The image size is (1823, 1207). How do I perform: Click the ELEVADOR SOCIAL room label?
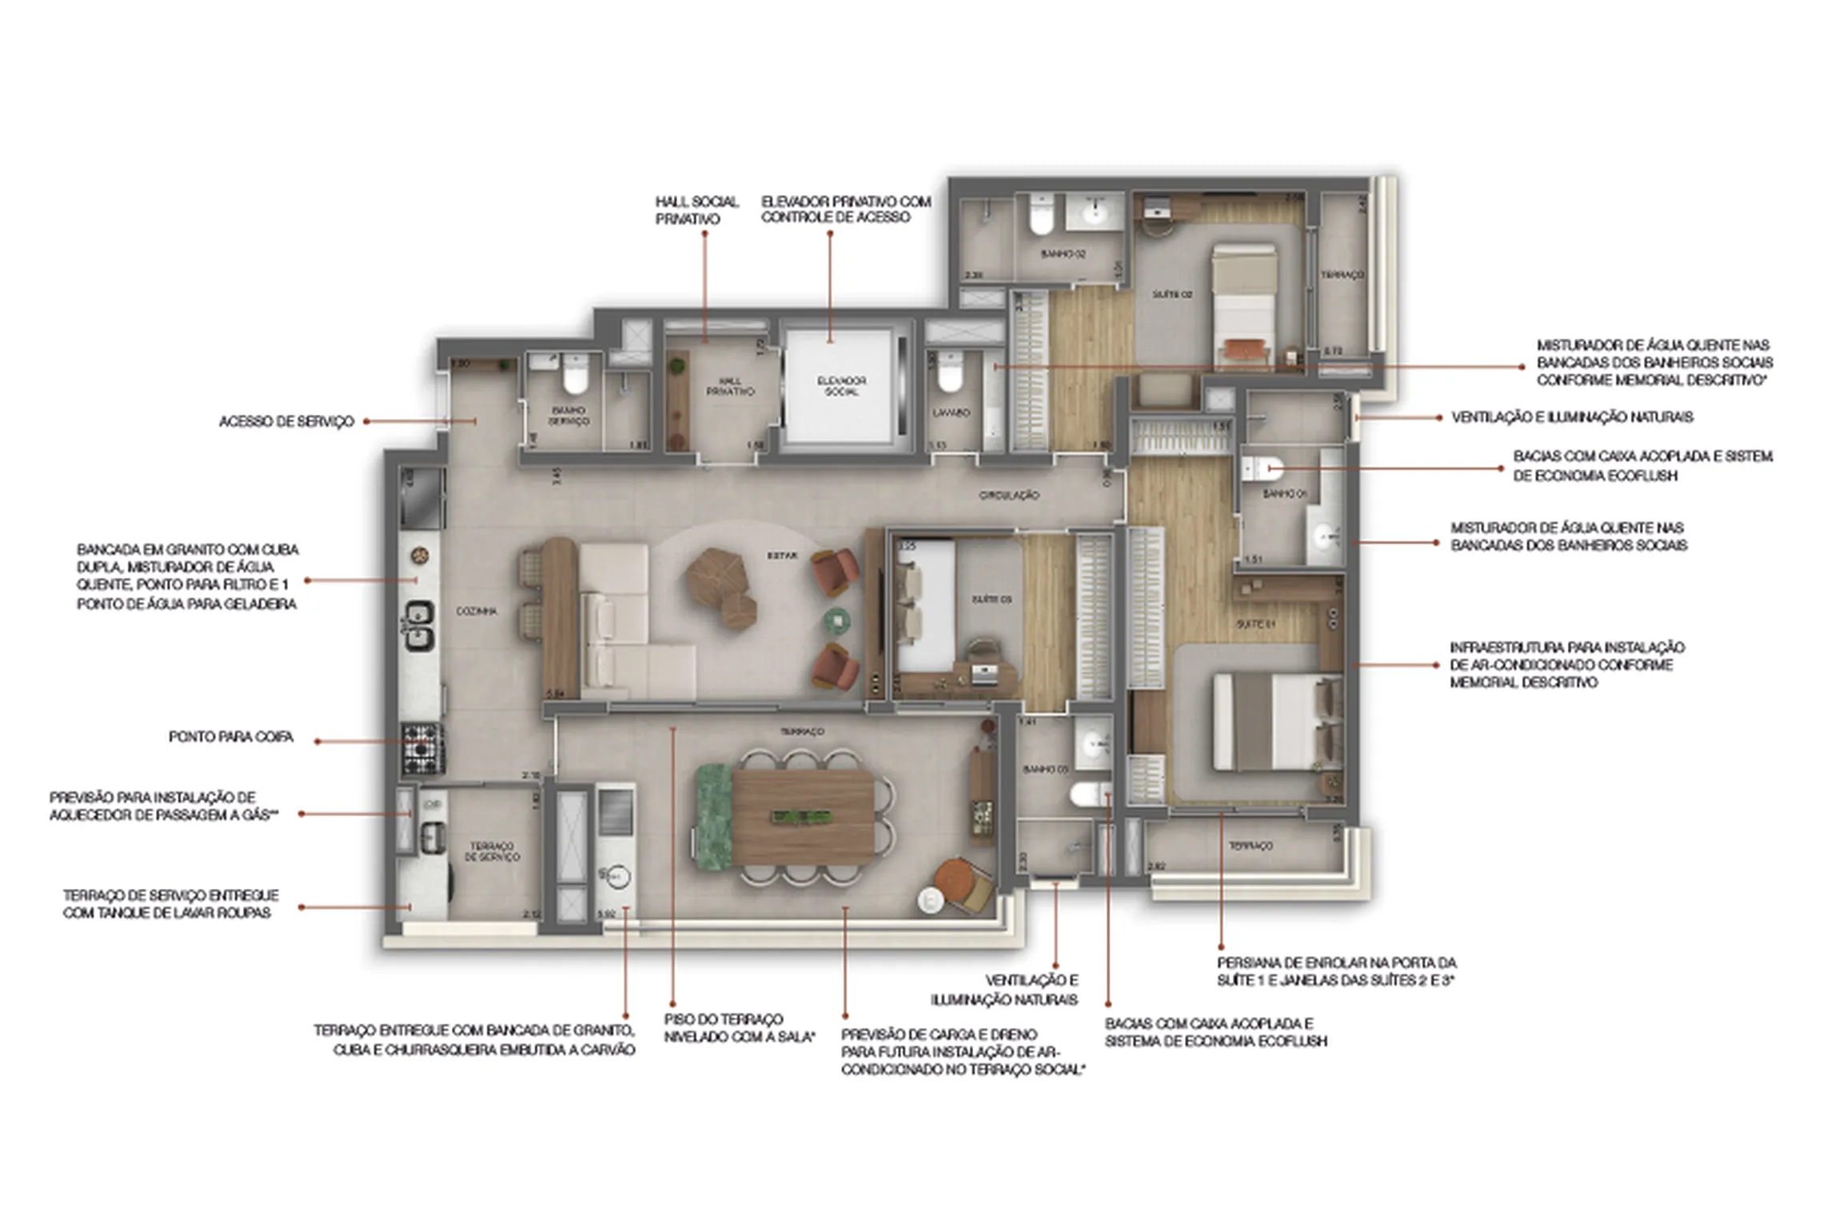click(x=841, y=386)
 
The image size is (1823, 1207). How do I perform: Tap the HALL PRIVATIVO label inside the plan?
click(x=729, y=387)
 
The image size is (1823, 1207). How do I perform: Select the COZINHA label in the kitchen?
click(x=477, y=611)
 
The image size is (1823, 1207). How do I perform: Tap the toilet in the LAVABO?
click(x=950, y=374)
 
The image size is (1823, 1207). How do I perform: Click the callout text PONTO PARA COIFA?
click(x=231, y=737)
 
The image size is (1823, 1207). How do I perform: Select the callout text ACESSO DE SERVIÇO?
click(x=286, y=422)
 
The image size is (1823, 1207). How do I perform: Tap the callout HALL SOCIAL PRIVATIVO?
click(x=696, y=210)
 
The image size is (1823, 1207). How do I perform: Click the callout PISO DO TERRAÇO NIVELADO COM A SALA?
click(x=739, y=1028)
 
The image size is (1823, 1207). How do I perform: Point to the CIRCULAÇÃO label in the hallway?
click(x=1009, y=496)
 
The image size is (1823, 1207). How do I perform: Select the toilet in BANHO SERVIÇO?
click(x=574, y=374)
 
